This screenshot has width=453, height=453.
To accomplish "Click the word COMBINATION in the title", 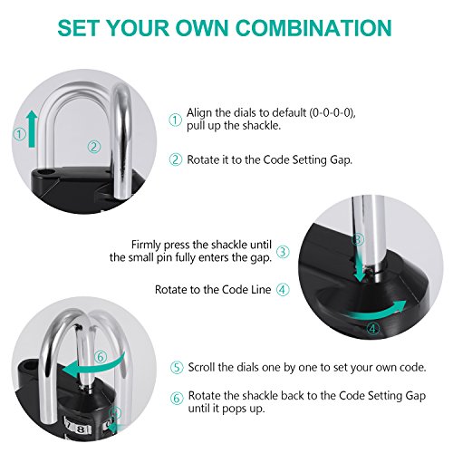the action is (x=313, y=28).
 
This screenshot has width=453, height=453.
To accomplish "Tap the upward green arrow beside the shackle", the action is (x=32, y=129).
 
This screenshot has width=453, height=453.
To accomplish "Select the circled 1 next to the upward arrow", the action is (x=20, y=134).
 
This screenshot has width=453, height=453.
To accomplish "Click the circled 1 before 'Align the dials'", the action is (x=175, y=120).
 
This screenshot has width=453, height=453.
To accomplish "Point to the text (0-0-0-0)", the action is (x=331, y=113).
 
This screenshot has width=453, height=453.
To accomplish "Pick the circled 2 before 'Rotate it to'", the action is (x=176, y=159).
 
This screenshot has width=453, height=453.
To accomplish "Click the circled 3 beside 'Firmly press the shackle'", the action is (x=283, y=252).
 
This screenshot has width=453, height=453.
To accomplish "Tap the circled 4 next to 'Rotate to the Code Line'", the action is (x=283, y=290).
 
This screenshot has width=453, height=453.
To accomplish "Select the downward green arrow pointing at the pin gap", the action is (x=359, y=262).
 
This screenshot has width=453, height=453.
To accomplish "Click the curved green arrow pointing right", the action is (x=379, y=312).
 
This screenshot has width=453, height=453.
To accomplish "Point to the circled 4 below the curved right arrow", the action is (x=373, y=328).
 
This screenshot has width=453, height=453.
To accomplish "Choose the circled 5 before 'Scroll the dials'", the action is (x=177, y=368).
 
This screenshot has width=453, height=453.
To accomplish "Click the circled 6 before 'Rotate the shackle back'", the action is (x=177, y=398).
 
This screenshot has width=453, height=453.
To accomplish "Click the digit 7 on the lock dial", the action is (x=70, y=427).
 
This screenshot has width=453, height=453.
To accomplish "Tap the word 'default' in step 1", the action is (x=289, y=112).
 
